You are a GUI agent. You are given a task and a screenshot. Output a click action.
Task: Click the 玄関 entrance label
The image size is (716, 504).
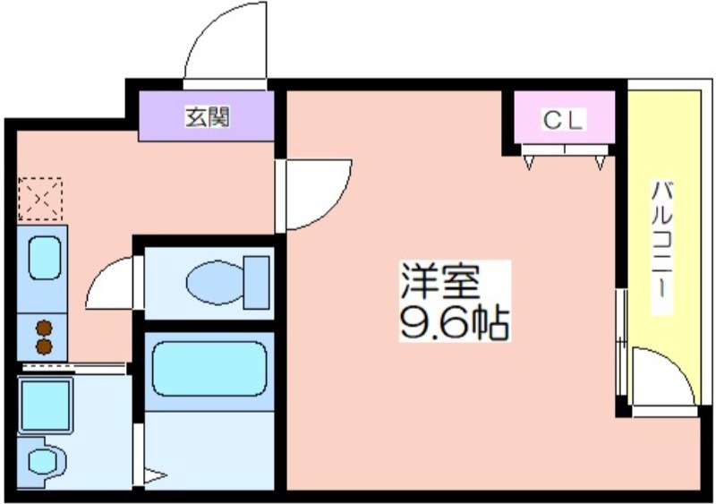[207, 117]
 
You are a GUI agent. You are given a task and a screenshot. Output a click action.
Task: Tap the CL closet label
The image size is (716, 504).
[563, 120]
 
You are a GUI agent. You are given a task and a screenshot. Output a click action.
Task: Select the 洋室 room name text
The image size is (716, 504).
[440, 280]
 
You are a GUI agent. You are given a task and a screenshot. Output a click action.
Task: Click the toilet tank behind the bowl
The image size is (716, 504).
[256, 283]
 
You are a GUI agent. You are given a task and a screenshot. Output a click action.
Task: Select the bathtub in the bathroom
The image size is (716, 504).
[209, 369]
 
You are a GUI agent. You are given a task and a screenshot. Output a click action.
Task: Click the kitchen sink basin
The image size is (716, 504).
[45, 258]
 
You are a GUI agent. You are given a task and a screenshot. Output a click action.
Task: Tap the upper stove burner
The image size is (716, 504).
[44, 328]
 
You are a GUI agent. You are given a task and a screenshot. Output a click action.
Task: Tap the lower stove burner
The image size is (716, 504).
[44, 346]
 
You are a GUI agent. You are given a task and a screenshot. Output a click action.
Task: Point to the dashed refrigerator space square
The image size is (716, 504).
[40, 199]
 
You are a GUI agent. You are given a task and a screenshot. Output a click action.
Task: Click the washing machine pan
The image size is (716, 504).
[46, 405]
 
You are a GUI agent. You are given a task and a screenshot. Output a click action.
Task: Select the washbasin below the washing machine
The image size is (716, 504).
[42, 461]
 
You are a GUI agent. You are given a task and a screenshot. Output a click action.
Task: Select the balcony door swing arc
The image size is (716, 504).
[679, 365]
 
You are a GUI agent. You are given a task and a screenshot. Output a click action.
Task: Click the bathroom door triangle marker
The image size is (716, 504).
[155, 475]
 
